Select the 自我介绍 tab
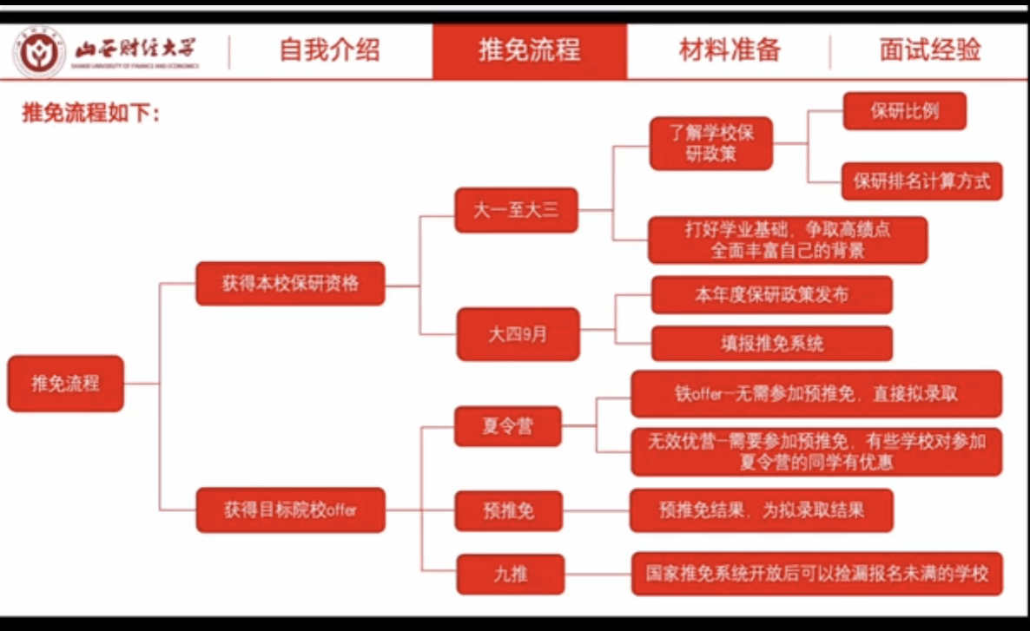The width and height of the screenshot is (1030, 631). tap(329, 50)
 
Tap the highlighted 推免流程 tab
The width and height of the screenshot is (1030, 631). tap(529, 50)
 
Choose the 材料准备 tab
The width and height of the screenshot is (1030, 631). tap(730, 50)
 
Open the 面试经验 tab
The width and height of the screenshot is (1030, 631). tap(929, 50)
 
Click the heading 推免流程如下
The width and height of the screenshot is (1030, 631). tap(91, 114)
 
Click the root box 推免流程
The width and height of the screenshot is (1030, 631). tap(66, 383)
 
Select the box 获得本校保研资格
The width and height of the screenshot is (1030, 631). tap(290, 283)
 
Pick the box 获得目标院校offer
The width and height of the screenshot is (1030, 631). tap(290, 509)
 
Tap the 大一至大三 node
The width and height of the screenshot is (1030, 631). tap(517, 209)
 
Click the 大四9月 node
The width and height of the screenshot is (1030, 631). tap(518, 333)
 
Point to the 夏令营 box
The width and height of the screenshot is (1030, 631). tap(508, 426)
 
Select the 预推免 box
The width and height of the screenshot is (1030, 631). tap(509, 509)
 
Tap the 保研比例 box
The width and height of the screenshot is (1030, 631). tap(904, 111)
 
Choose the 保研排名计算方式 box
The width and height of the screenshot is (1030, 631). tap(921, 181)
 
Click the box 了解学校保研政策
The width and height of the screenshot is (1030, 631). tap(711, 143)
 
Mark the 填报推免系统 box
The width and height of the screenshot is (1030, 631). tap(772, 343)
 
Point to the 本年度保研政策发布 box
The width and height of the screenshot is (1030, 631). tap(772, 295)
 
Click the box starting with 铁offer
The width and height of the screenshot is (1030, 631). tap(816, 394)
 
